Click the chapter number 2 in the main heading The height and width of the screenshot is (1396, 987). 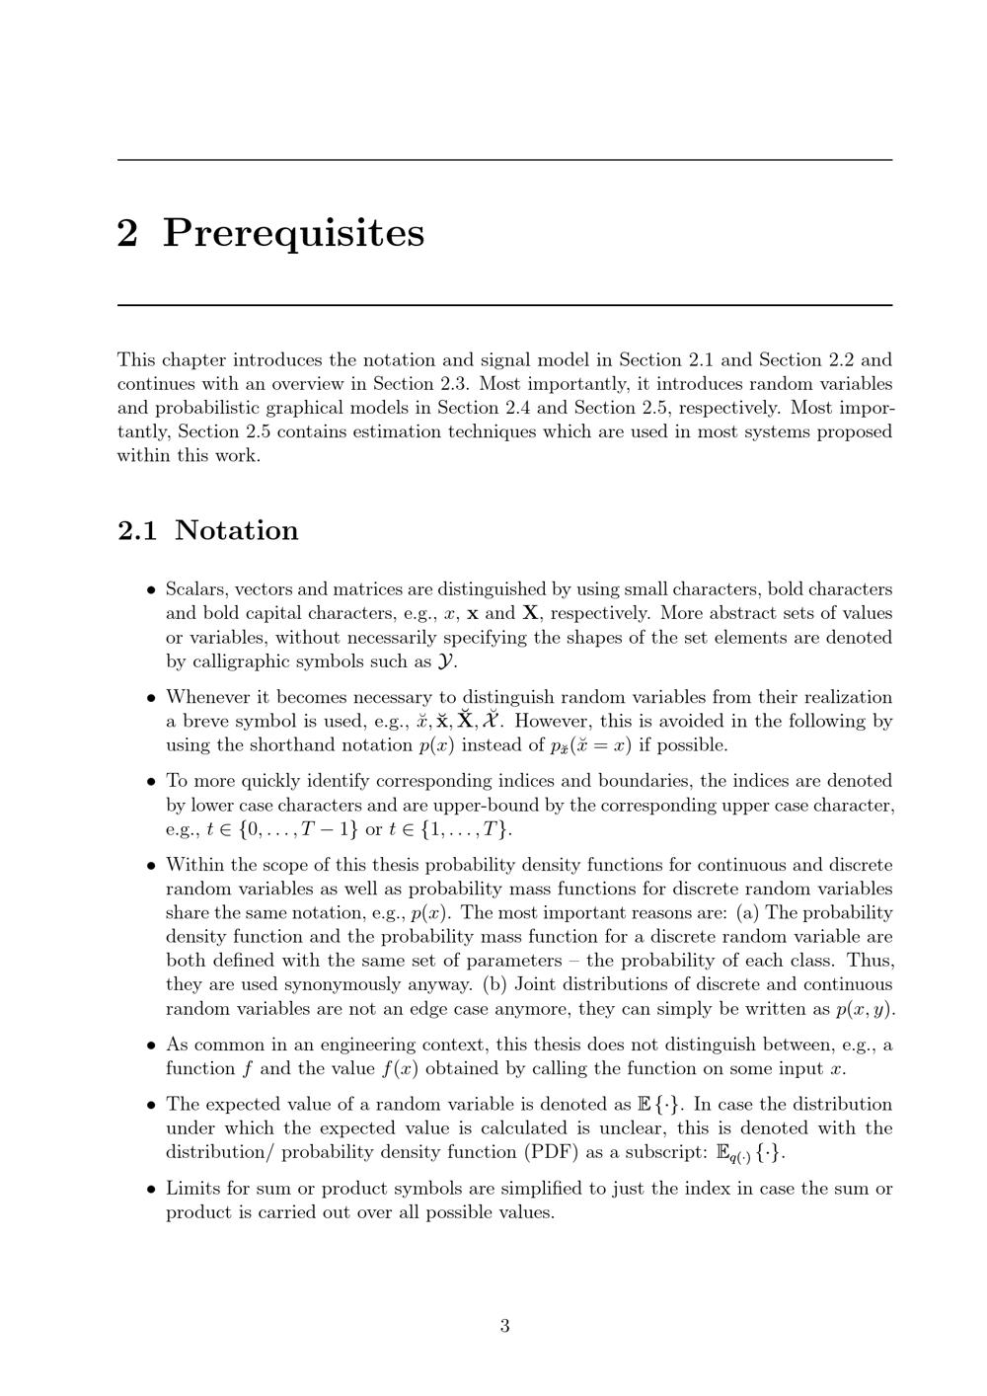point(127,233)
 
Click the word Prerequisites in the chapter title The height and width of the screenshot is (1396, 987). point(293,233)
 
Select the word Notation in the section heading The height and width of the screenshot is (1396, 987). point(236,530)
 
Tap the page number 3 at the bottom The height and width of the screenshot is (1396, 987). point(504,1325)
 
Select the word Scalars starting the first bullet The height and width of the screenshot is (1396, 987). point(196,589)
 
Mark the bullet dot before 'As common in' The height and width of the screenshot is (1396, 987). point(151,1046)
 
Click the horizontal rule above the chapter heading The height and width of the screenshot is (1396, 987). point(504,160)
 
